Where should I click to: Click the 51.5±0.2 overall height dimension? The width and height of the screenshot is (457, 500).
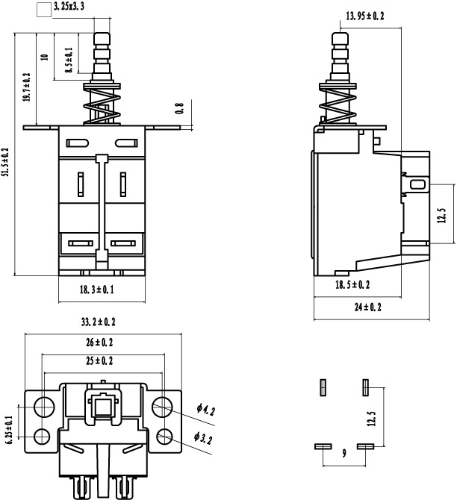tap(6, 162)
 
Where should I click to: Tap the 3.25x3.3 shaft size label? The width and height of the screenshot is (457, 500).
tap(69, 6)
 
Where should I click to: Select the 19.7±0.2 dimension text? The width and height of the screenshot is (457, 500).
tap(26, 87)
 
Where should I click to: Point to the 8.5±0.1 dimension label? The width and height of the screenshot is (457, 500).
tap(69, 60)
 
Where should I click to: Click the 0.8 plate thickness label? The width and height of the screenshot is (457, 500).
tap(180, 108)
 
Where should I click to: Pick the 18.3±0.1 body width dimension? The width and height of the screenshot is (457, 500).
tap(96, 290)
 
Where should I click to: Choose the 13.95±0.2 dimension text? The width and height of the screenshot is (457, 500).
tap(365, 16)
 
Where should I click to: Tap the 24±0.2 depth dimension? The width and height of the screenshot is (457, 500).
tap(367, 307)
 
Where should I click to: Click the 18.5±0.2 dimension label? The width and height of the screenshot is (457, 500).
tap(352, 284)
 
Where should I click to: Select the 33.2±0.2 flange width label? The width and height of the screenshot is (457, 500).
tap(99, 322)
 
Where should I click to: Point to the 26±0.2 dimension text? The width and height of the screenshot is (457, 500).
tap(99, 342)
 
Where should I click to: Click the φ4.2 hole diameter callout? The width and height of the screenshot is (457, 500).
tap(205, 410)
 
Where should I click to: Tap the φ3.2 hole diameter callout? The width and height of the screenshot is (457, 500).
tap(203, 438)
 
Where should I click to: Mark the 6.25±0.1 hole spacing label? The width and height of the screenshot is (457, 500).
tap(9, 430)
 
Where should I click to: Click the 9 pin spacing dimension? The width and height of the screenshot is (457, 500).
tap(343, 453)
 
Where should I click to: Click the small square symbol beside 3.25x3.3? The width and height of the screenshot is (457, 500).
tap(44, 10)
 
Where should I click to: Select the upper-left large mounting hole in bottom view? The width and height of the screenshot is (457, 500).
tap(44, 407)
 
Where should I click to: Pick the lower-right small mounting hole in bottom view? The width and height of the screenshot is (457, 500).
tap(165, 437)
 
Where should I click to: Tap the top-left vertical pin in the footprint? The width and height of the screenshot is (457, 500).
tap(323, 387)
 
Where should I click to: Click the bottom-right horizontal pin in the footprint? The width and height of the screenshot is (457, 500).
tap(365, 446)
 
